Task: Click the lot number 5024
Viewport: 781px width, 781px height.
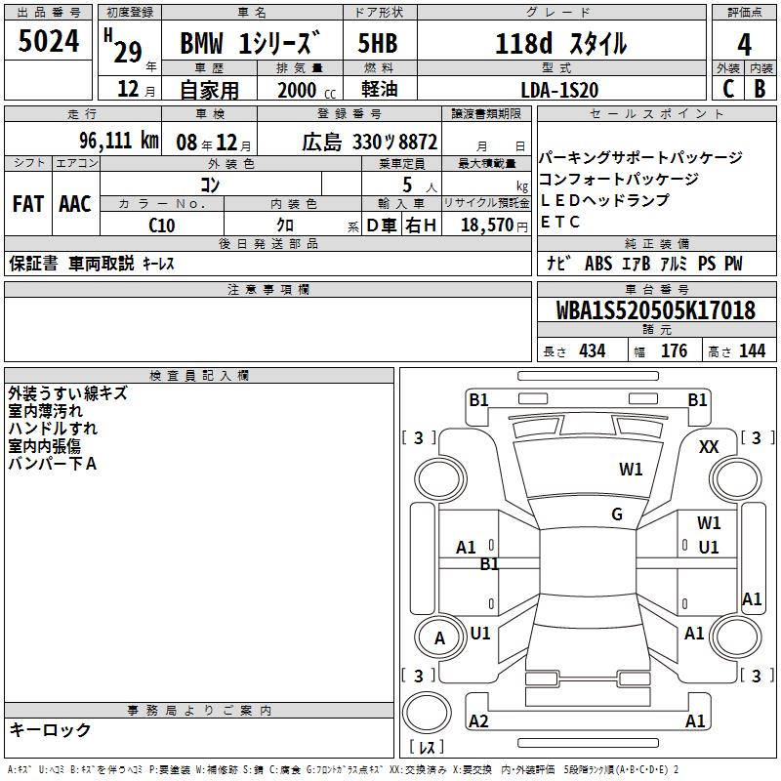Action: click(48, 41)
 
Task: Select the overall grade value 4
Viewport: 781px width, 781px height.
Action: click(744, 45)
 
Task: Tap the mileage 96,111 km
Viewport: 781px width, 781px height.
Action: click(119, 141)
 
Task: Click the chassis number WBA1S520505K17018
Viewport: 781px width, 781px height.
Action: click(656, 310)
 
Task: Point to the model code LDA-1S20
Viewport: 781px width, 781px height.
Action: click(559, 90)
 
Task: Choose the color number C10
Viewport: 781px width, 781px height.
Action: click(162, 226)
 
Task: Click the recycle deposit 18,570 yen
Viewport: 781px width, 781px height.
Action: click(494, 226)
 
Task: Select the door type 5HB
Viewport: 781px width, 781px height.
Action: click(378, 43)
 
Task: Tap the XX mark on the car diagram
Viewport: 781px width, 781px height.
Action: click(709, 447)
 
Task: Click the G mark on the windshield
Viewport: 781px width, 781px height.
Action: click(617, 514)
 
